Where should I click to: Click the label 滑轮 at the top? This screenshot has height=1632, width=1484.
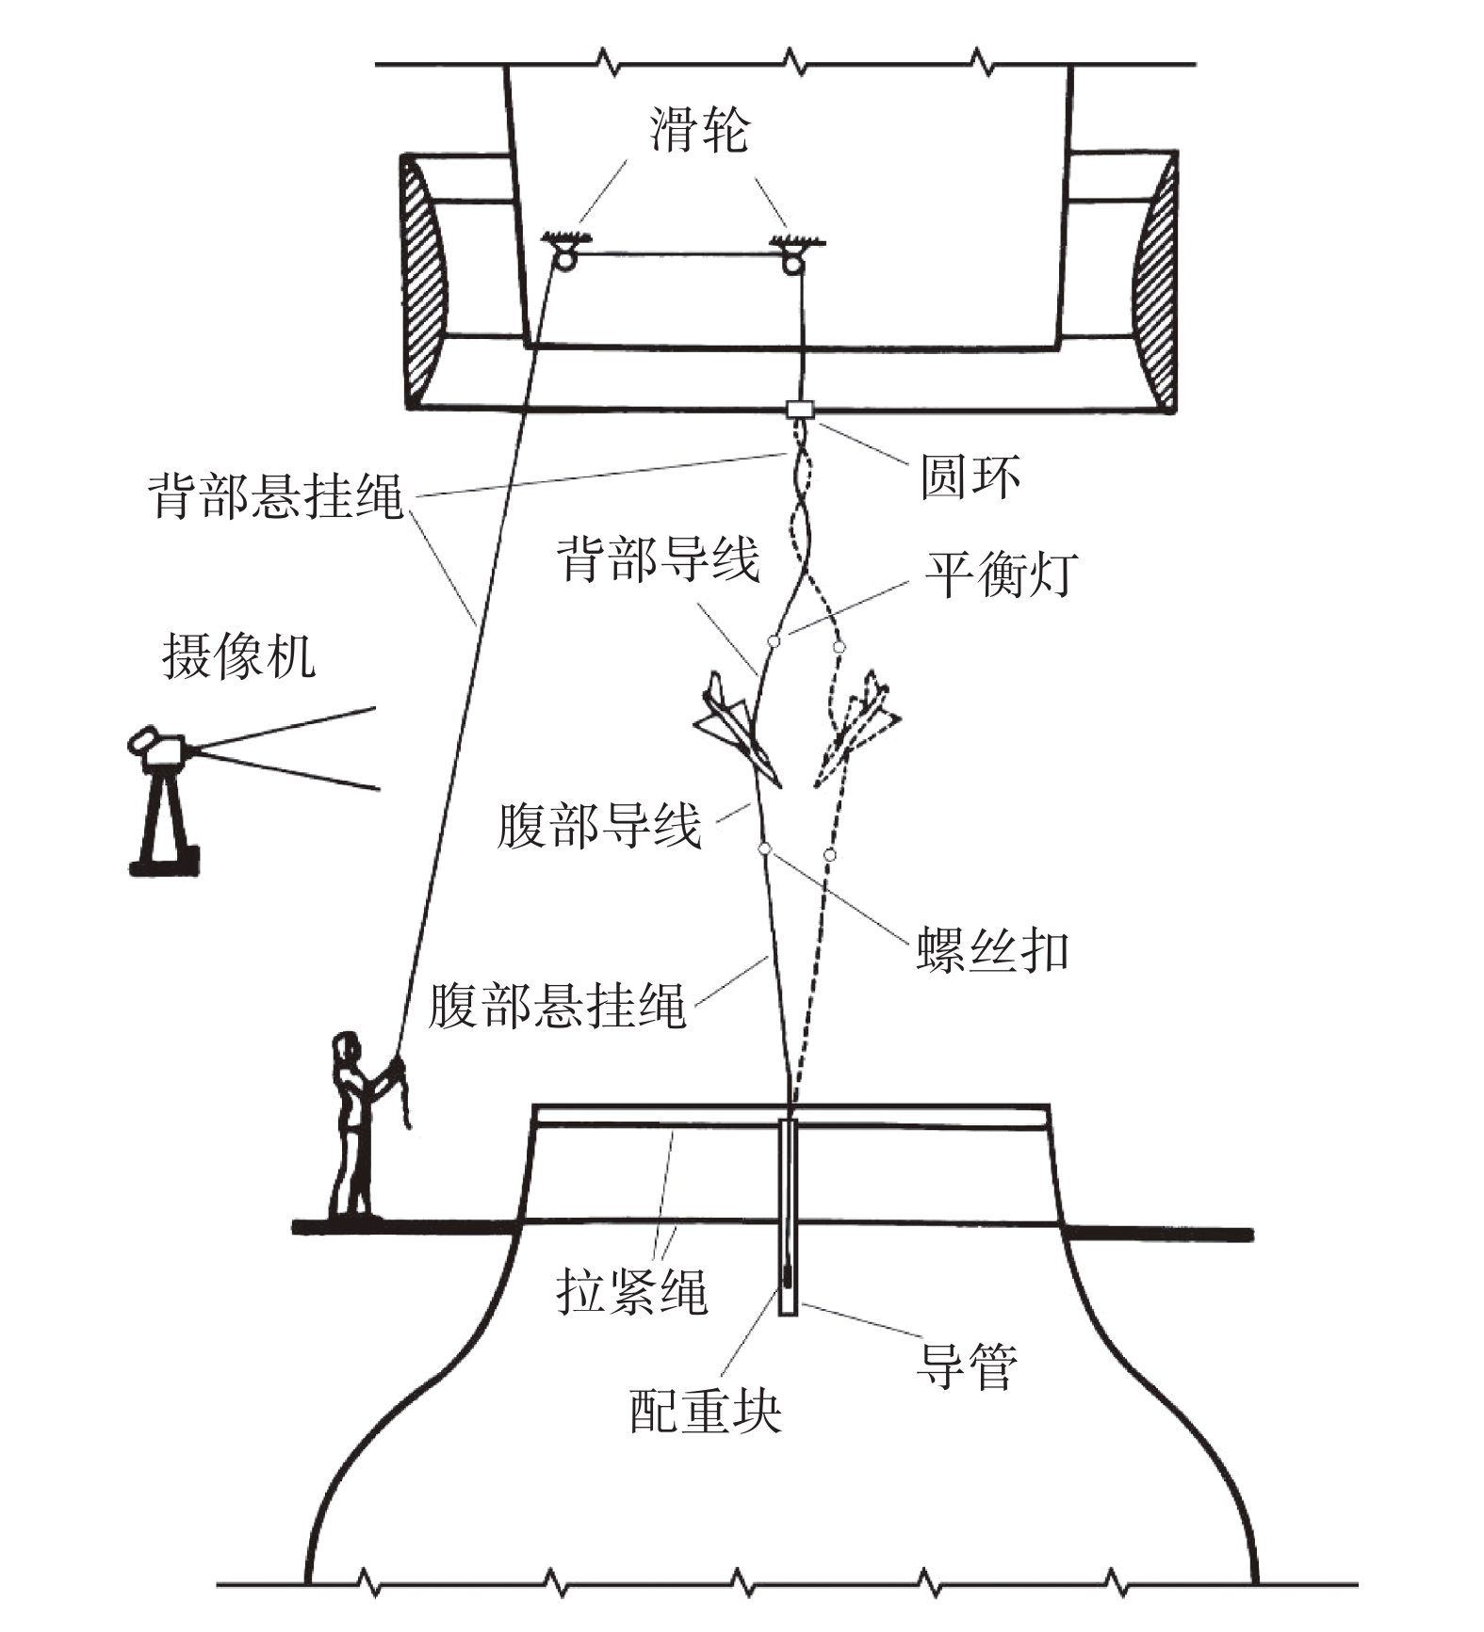(x=698, y=129)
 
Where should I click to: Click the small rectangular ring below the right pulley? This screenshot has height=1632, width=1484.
(x=800, y=410)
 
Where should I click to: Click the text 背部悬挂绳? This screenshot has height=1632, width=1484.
(x=275, y=495)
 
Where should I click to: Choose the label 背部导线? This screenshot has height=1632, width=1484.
(x=658, y=559)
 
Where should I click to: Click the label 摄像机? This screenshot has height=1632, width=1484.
(x=238, y=655)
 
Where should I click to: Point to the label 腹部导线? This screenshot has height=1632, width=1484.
(x=599, y=826)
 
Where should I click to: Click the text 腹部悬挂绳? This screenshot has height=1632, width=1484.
(x=557, y=1006)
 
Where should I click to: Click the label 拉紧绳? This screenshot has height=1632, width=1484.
(x=631, y=1290)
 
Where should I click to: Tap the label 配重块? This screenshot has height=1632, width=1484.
(x=705, y=1411)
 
